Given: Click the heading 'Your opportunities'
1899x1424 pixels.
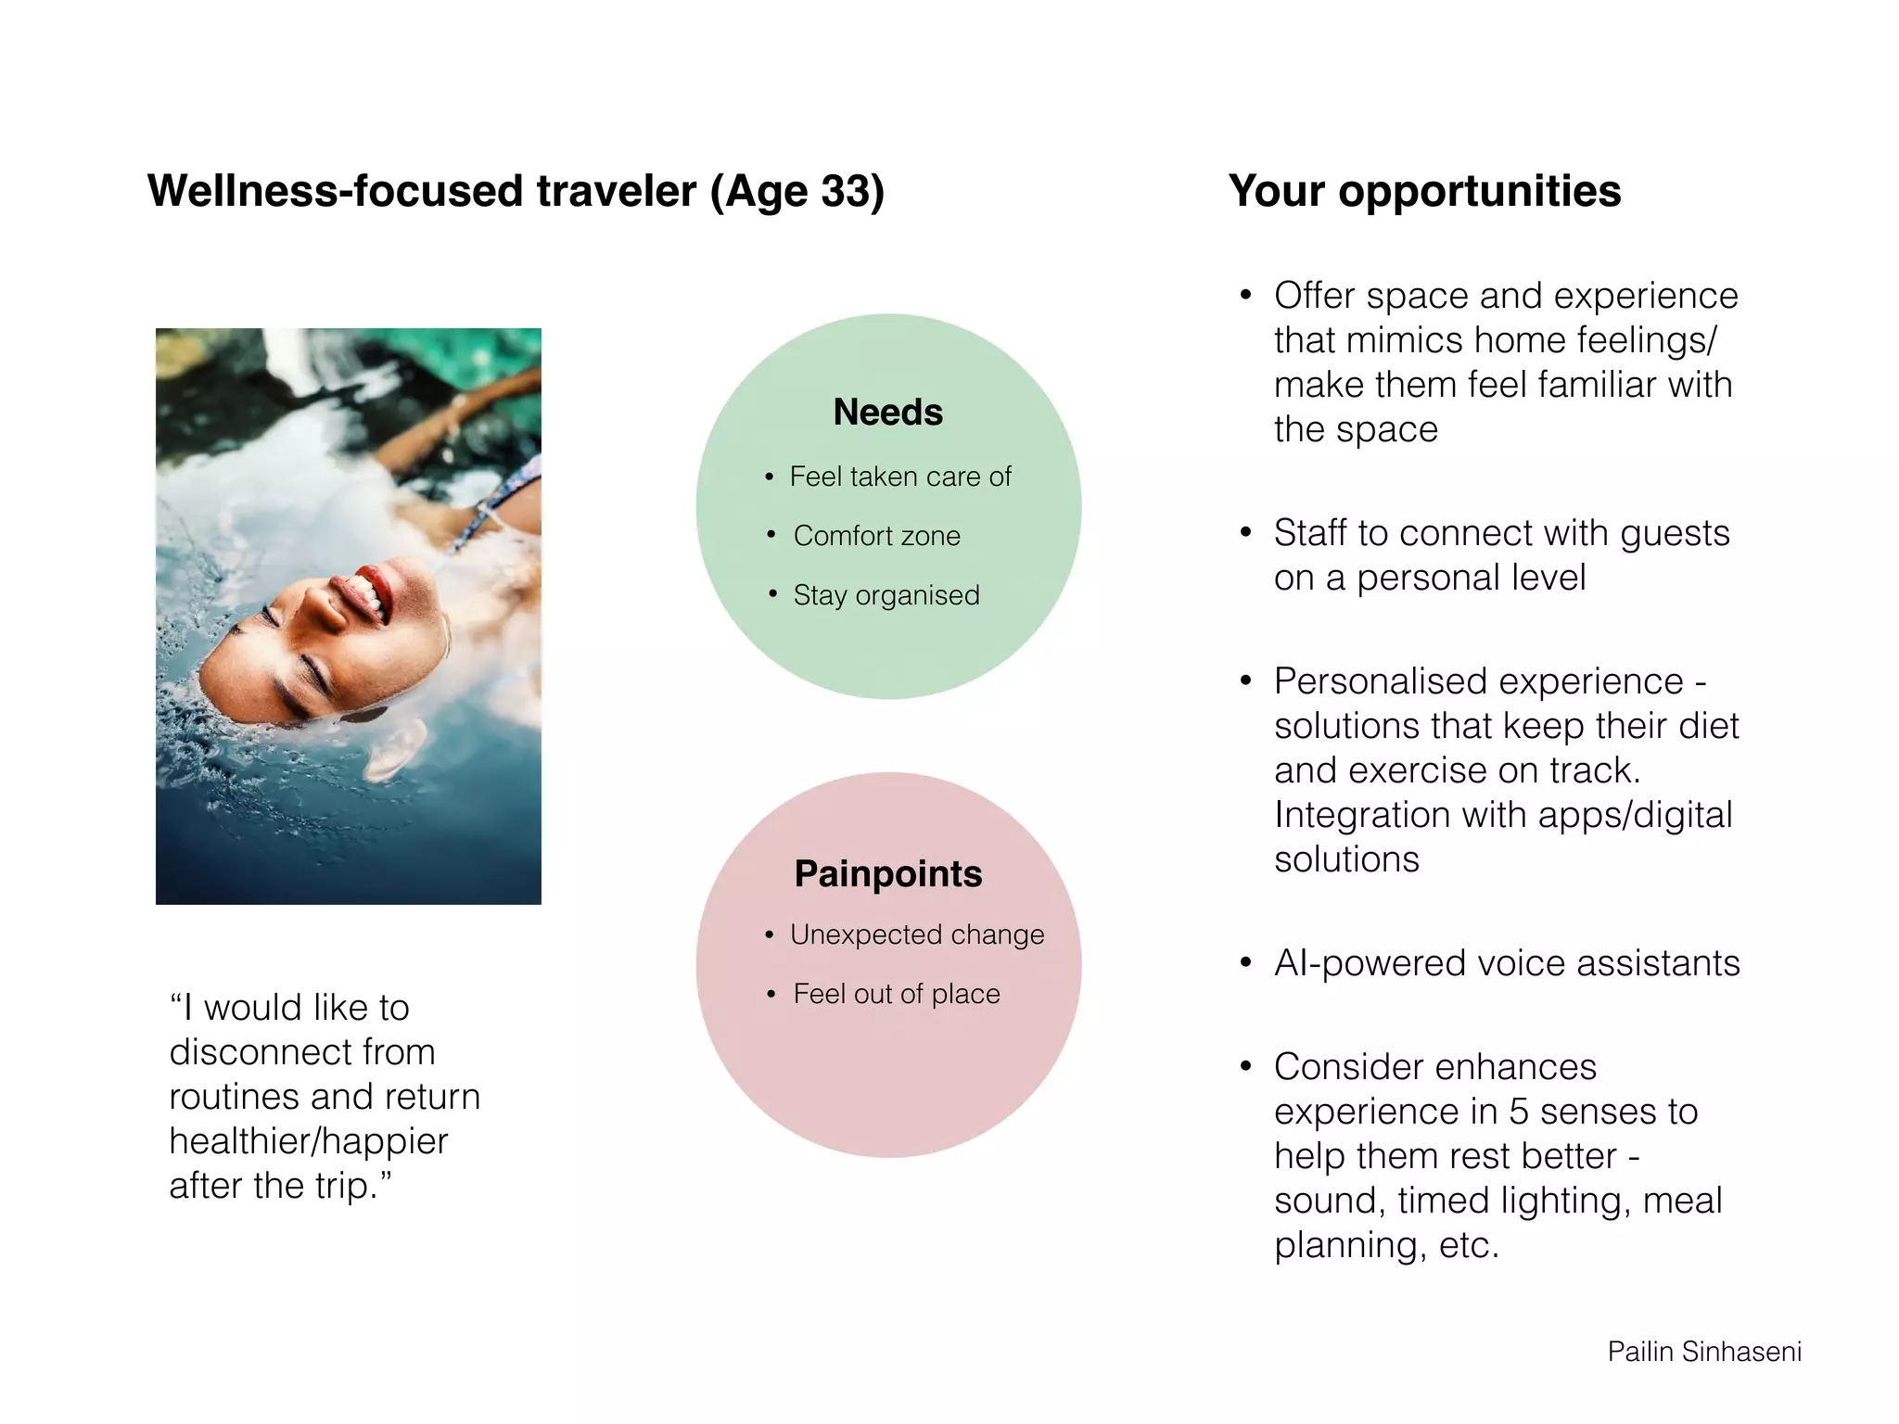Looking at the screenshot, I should coord(1424,191).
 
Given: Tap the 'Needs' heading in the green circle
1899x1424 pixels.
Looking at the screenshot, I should coord(887,412).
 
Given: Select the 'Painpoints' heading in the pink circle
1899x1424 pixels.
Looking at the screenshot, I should coord(887,873).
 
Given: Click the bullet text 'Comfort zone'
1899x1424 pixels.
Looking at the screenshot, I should coord(876,536).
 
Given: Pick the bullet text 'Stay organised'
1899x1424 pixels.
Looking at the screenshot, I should coord(886,595).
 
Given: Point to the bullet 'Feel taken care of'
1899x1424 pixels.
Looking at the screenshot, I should coord(899,477).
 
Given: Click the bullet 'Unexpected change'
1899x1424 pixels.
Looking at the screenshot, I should coord(916,934).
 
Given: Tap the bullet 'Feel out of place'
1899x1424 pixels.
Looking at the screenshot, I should coord(896,994).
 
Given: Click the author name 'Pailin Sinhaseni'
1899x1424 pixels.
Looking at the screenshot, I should coord(1703,1352).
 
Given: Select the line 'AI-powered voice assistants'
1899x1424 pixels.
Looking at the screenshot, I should coord(1506,963).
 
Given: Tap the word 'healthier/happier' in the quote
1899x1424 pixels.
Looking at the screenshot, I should coord(308,1141).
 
